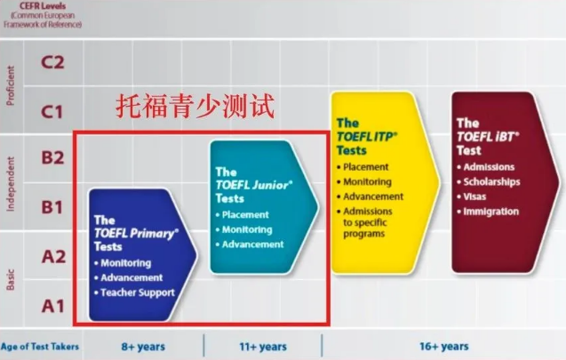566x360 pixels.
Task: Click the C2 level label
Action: (52, 62)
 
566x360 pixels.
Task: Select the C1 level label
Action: (52, 112)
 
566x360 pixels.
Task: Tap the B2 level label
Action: (52, 158)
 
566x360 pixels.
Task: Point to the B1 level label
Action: (52, 207)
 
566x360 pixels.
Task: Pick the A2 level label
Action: (54, 257)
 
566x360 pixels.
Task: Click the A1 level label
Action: (53, 307)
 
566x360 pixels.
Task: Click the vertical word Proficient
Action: (11, 85)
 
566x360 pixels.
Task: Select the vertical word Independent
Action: (11, 184)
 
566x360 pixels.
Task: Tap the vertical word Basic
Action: (11, 279)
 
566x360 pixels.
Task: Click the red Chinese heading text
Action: (195, 106)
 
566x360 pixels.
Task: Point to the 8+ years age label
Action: (143, 347)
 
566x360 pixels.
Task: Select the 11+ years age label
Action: (263, 347)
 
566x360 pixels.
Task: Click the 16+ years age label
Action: (444, 347)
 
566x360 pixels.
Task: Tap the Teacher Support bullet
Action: (134, 292)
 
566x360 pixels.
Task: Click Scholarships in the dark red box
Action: (489, 181)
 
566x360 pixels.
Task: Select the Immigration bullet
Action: (488, 212)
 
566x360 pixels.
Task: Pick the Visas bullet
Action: (472, 196)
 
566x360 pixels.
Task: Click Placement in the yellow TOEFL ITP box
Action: (363, 167)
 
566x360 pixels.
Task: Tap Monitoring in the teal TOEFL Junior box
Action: (243, 229)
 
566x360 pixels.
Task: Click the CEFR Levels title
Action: (43, 5)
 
